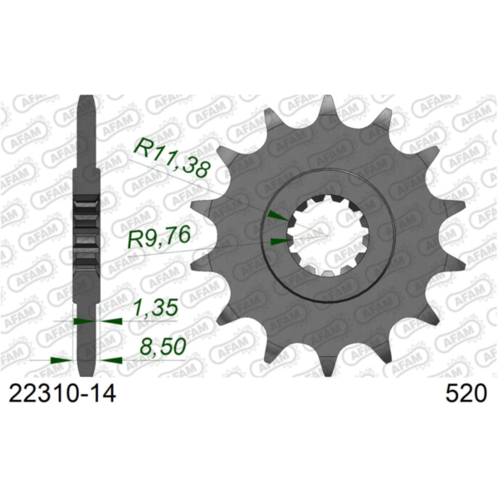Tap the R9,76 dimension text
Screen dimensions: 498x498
(x=162, y=242)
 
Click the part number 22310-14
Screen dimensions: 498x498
(x=60, y=393)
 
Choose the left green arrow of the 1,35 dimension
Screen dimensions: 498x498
(x=81, y=320)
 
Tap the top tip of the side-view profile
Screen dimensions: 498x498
(x=88, y=99)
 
